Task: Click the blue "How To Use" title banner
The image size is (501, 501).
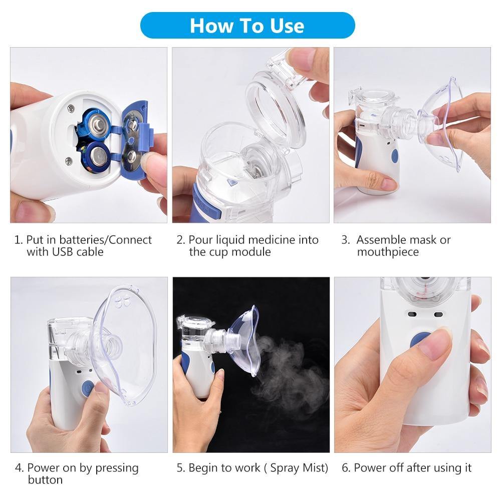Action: point(247,26)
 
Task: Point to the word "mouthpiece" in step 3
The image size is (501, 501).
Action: point(388,252)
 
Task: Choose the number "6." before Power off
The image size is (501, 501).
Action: point(346,468)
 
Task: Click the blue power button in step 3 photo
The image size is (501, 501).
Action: point(394,156)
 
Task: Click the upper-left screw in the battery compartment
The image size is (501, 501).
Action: point(71,107)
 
